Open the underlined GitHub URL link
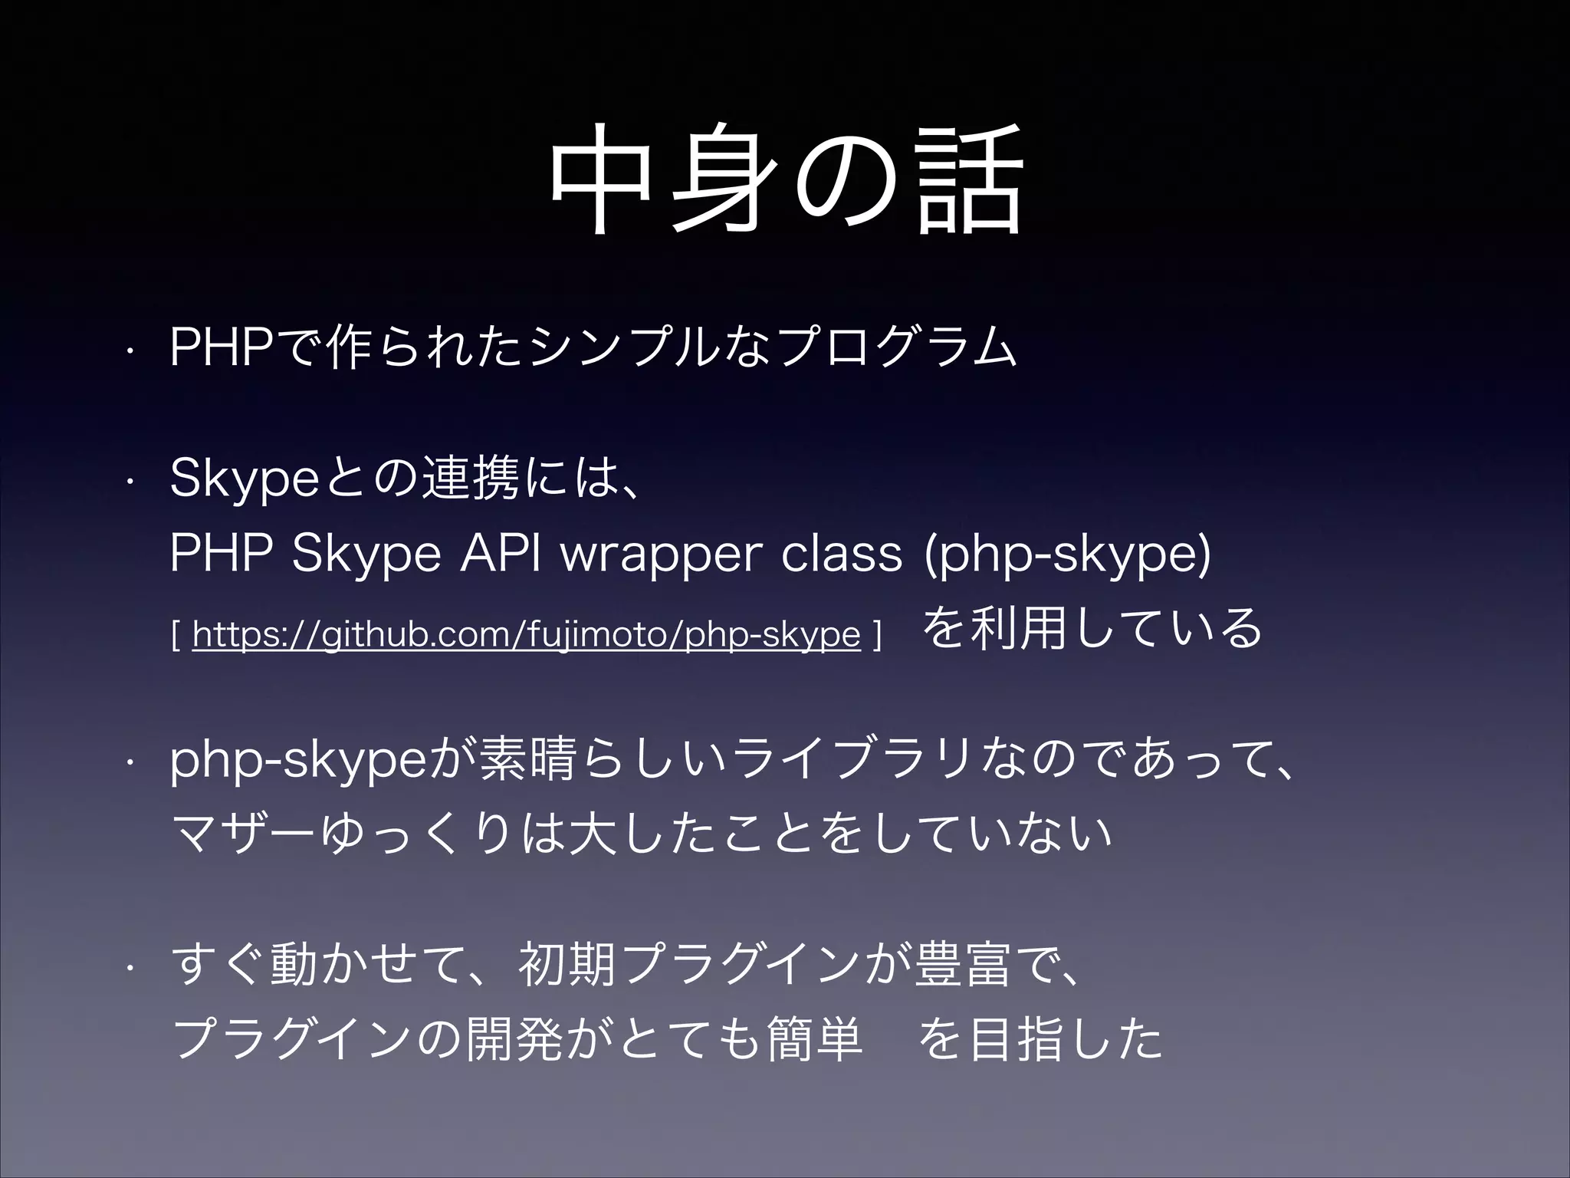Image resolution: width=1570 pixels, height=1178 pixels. pyautogui.click(x=526, y=634)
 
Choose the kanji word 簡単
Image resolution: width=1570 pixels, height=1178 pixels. pyautogui.click(x=813, y=1039)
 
